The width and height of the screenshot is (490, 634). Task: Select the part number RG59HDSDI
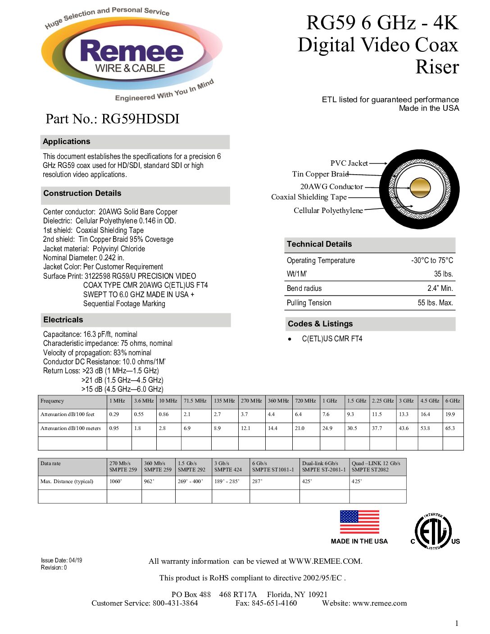(x=140, y=119)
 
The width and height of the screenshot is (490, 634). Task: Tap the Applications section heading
(x=67, y=141)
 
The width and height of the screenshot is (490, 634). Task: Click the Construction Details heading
(x=82, y=193)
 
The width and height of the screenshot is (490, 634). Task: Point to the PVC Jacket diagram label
(x=349, y=163)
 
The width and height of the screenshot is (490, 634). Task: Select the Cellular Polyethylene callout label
(x=328, y=210)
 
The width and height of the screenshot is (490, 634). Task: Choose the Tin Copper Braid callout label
(x=320, y=174)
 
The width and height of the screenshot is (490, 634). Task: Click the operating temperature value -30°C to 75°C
(x=432, y=260)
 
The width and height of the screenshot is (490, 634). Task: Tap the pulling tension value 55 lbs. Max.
(x=435, y=303)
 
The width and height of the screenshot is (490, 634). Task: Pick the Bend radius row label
(x=304, y=288)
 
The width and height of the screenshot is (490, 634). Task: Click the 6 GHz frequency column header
(x=453, y=401)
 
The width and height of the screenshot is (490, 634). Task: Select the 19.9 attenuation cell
(x=450, y=414)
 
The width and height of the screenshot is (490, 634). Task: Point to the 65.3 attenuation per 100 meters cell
(x=450, y=428)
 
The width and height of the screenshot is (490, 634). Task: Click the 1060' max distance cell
(x=116, y=481)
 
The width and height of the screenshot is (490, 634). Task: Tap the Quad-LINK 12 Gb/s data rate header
(x=376, y=466)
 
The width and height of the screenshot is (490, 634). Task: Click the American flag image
(x=359, y=522)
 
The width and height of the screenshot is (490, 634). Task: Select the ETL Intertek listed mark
(x=433, y=531)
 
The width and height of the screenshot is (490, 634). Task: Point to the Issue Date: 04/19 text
(x=62, y=560)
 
